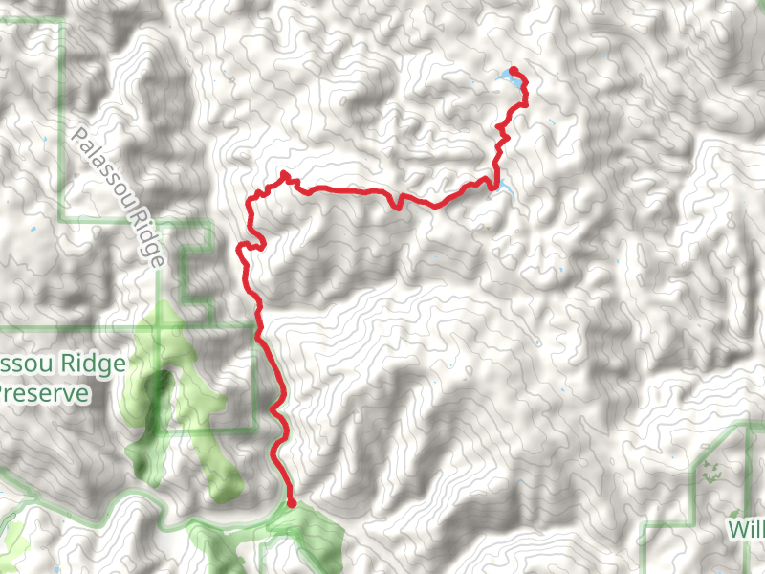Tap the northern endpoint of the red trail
coord(514,70)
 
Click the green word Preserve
coord(44,393)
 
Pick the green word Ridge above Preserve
coord(92,364)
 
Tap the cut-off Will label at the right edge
coord(747,530)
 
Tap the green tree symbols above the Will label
coord(711,472)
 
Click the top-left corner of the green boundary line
coord(63,21)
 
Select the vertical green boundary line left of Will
coord(693,488)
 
